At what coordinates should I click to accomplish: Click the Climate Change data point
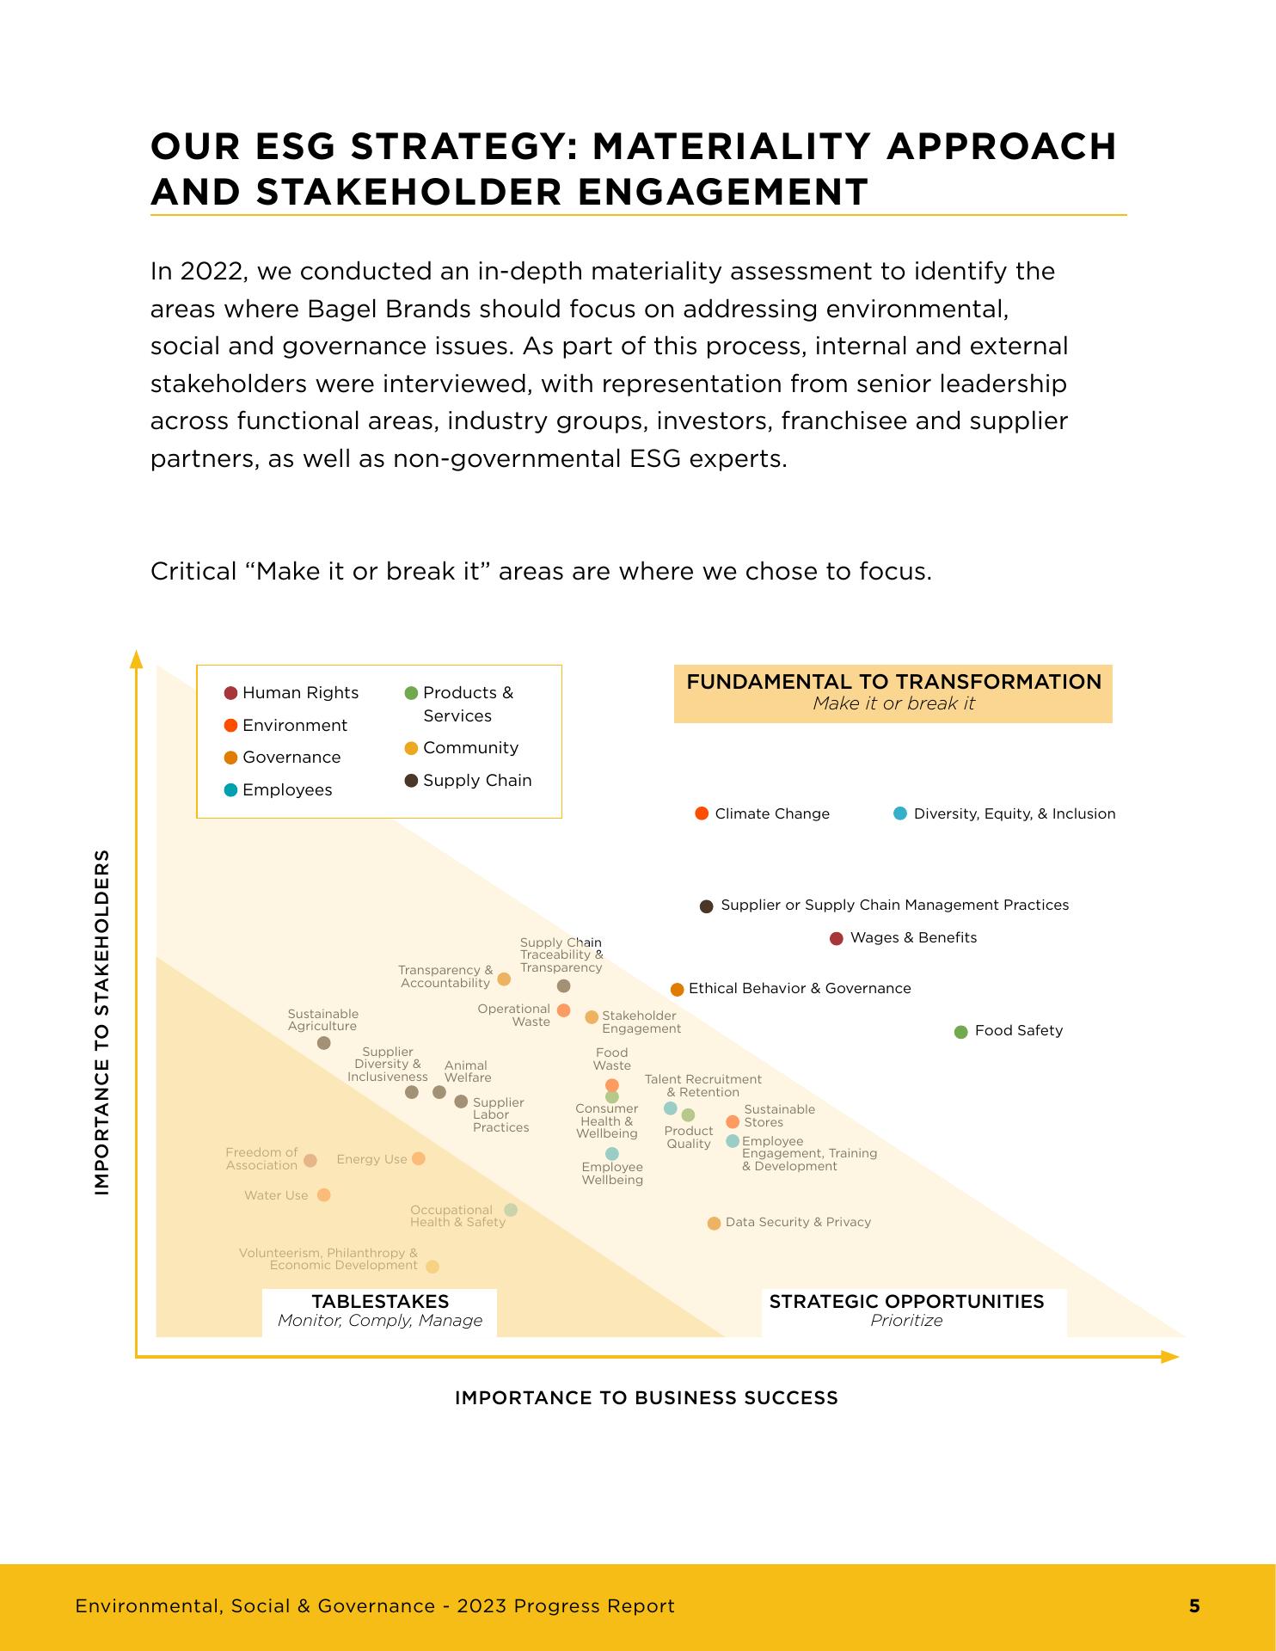point(702,813)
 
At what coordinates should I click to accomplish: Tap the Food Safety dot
point(961,1032)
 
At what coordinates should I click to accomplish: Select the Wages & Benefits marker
point(837,938)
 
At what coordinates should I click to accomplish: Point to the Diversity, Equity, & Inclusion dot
point(900,813)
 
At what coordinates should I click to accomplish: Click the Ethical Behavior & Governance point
point(678,990)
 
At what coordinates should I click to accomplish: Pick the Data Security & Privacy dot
point(714,1224)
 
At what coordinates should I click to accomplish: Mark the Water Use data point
point(324,1195)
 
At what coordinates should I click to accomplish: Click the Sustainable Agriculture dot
point(324,1043)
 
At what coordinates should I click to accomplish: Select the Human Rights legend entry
point(292,693)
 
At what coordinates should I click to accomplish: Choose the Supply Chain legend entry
point(469,781)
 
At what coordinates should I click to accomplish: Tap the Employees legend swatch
point(230,790)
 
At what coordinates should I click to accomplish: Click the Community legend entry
point(462,748)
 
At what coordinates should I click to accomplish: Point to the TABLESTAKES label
point(380,1302)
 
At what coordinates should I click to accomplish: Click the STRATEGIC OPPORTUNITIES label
point(906,1302)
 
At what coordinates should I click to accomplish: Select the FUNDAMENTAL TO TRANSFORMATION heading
point(893,683)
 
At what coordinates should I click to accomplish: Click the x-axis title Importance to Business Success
point(646,1398)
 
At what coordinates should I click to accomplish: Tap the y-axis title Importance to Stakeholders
point(102,1022)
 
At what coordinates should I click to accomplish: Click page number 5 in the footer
point(1194,1605)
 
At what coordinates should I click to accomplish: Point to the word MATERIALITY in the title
point(731,147)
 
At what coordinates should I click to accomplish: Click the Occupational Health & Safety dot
point(511,1210)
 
